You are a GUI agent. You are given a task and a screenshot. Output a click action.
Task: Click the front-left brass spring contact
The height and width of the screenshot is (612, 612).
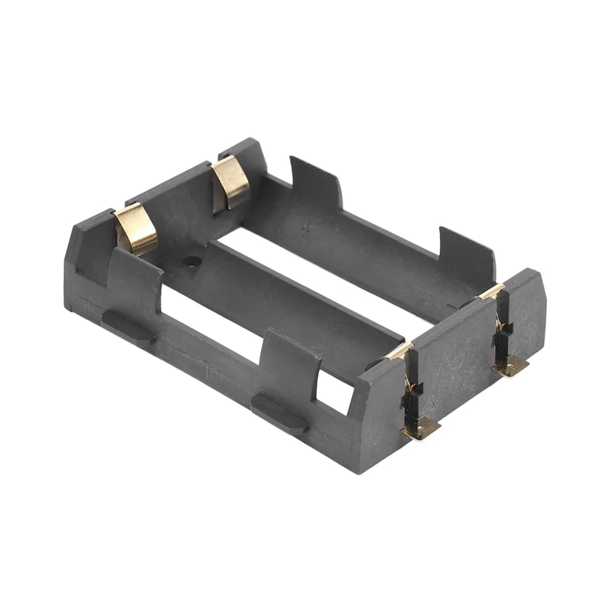tap(136, 229)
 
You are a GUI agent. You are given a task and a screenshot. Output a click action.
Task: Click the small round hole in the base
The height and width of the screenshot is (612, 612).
tap(191, 262)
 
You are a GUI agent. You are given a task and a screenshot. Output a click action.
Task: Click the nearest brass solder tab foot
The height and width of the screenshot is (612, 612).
tap(422, 428)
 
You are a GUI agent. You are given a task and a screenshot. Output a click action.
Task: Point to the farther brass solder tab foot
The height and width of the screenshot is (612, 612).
tap(511, 366)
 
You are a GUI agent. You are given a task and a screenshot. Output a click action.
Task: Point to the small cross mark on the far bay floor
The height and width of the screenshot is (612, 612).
tap(307, 229)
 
